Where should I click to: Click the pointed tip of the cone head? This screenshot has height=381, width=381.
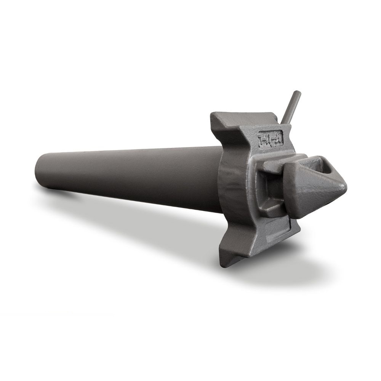coord(345,186)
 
